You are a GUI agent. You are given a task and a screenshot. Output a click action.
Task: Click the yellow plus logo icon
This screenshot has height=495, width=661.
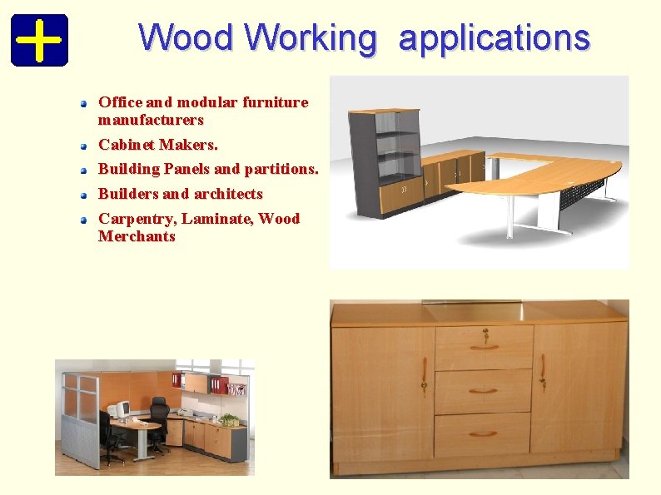point(39,40)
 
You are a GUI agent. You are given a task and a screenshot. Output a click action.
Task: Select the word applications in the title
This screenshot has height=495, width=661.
point(494,37)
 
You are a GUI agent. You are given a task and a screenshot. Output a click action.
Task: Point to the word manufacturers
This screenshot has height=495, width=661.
point(151,120)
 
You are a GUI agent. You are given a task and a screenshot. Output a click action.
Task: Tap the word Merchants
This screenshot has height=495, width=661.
point(137,236)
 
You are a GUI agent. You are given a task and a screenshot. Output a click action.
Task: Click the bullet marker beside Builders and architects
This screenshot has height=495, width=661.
point(84,196)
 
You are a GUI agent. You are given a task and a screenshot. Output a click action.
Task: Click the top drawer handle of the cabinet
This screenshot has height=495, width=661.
point(483,348)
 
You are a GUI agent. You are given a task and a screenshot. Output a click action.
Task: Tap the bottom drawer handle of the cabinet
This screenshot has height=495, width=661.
point(482,433)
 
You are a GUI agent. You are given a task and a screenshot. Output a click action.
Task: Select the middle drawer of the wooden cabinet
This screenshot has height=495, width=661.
point(483,391)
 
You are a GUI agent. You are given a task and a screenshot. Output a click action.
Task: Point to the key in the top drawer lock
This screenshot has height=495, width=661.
point(485,335)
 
